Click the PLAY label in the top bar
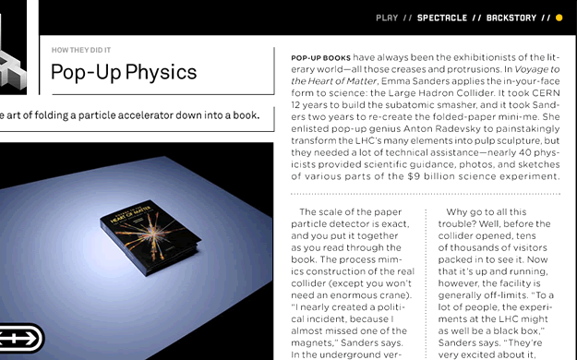tap(387, 18)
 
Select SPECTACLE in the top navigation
tap(441, 18)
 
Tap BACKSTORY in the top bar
tap(511, 18)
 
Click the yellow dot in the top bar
tap(559, 18)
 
